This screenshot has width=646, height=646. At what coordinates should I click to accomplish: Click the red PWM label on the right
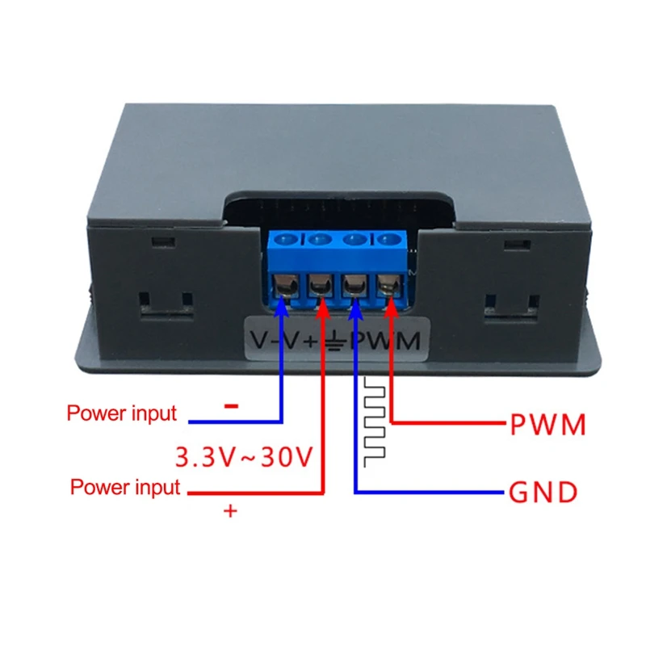[x=547, y=425]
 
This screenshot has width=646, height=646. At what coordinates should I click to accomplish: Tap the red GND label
[x=543, y=491]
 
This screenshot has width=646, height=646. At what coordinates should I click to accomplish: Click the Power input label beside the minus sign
[x=121, y=414]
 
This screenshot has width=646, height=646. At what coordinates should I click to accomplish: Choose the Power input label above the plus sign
[x=125, y=487]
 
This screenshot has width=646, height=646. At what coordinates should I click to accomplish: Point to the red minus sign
[x=231, y=406]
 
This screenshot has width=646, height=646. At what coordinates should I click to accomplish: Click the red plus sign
[x=231, y=511]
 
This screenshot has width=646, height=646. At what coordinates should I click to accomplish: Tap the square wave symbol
[x=375, y=420]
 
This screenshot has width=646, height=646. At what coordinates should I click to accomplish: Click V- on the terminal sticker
[x=266, y=341]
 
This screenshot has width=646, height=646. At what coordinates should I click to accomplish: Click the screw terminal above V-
[x=285, y=283]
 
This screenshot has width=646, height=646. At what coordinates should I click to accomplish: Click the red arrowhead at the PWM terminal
[x=392, y=302]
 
